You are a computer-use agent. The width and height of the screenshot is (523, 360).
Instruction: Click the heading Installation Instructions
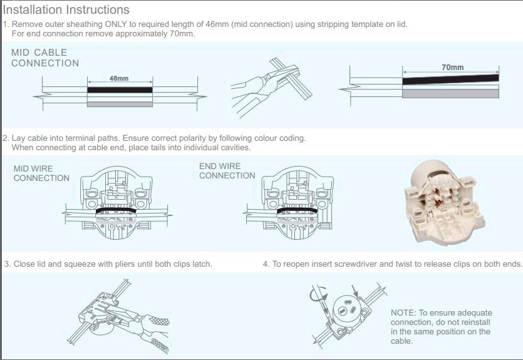point(66,10)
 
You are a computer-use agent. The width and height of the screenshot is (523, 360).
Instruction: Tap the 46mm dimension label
point(119,78)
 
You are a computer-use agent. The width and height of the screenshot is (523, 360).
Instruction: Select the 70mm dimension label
point(453,68)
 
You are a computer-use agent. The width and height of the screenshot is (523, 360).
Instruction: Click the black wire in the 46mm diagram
point(120,90)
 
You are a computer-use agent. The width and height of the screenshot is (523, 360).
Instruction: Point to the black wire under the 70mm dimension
point(450,80)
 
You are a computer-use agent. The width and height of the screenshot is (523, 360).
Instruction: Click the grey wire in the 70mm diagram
point(450,94)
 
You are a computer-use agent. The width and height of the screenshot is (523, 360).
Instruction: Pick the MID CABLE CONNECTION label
point(45,58)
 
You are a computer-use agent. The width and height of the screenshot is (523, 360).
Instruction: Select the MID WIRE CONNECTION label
point(41,173)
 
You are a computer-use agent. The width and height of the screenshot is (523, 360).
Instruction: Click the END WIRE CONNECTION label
point(227,171)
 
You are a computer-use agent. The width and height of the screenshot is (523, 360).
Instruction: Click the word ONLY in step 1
point(116,24)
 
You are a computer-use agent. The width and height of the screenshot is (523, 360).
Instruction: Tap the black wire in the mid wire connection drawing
point(116,210)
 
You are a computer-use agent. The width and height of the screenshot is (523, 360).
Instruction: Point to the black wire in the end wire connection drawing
point(298,210)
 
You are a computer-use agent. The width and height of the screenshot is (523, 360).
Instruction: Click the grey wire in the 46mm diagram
point(120,105)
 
